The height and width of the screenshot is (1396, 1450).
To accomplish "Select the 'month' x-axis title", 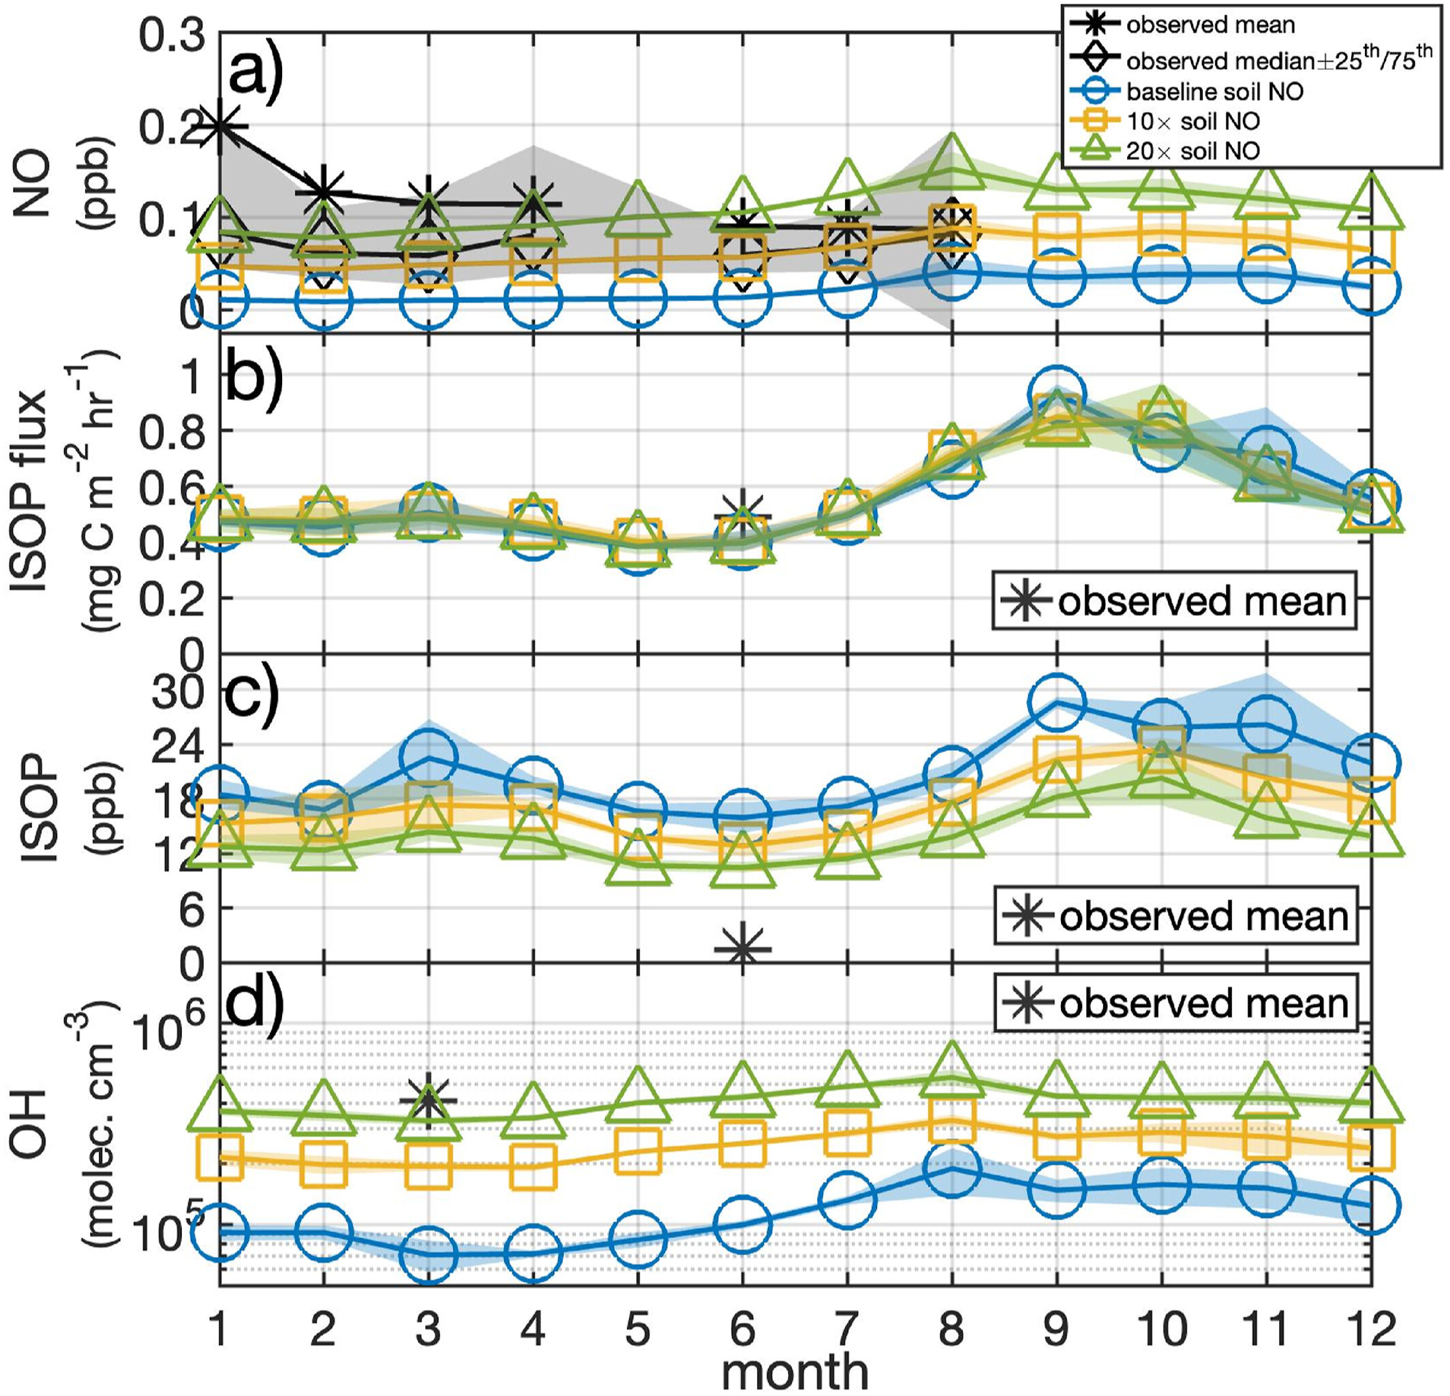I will pyautogui.click(x=795, y=1371).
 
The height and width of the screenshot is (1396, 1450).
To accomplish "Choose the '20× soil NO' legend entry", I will pyautogui.click(x=1192, y=151).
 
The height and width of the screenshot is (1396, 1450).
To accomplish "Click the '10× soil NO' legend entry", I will pyautogui.click(x=1192, y=121).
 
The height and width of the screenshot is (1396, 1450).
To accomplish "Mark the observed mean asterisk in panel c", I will pyautogui.click(x=743, y=948).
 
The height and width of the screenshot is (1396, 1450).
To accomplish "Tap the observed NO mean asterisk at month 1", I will pyautogui.click(x=219, y=127).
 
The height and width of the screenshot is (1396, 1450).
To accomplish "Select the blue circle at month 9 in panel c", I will pyautogui.click(x=1056, y=702).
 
